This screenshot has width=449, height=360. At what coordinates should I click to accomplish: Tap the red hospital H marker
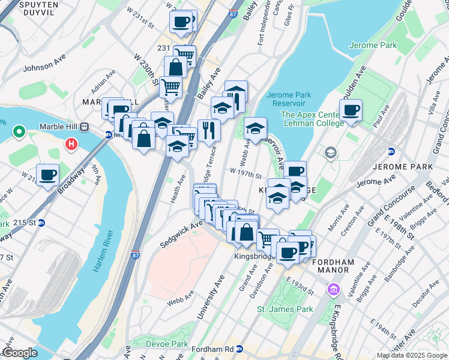pos(72,145)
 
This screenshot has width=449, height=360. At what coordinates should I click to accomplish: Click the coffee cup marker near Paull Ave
pos(351,110)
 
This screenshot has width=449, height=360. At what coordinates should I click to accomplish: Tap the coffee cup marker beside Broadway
pos(47,175)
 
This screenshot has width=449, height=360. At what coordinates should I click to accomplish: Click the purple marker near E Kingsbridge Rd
pos(333,290)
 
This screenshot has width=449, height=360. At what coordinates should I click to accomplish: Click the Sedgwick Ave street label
pos(181,233)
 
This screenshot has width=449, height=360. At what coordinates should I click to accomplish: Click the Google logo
pos(20,353)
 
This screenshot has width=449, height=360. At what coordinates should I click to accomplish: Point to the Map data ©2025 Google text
pos(411,355)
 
